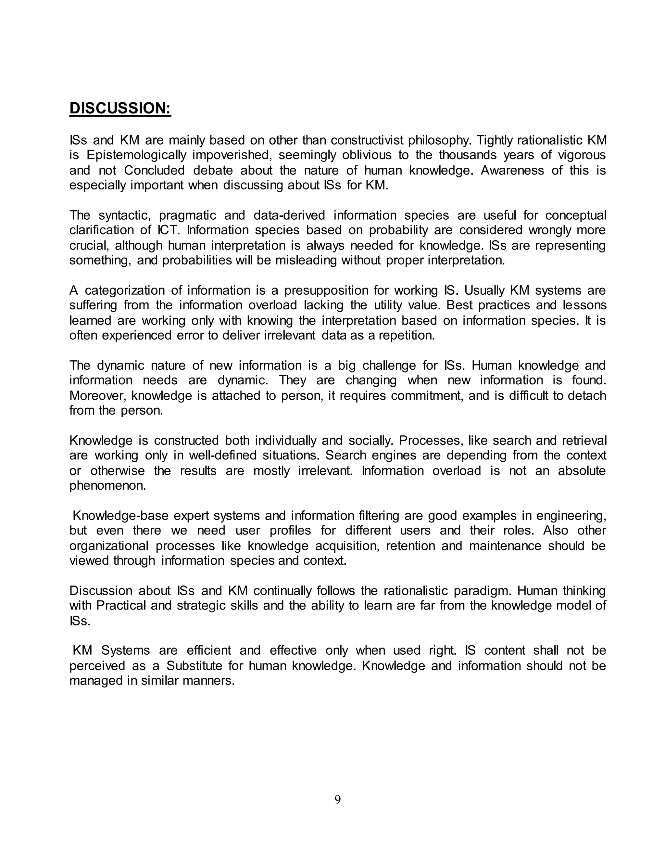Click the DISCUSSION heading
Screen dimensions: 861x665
[x=120, y=109]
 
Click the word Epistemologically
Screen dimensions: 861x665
[x=136, y=155]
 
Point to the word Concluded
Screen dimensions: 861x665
[x=155, y=170]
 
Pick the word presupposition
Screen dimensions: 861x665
[x=331, y=290]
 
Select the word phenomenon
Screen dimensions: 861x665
[x=107, y=486]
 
